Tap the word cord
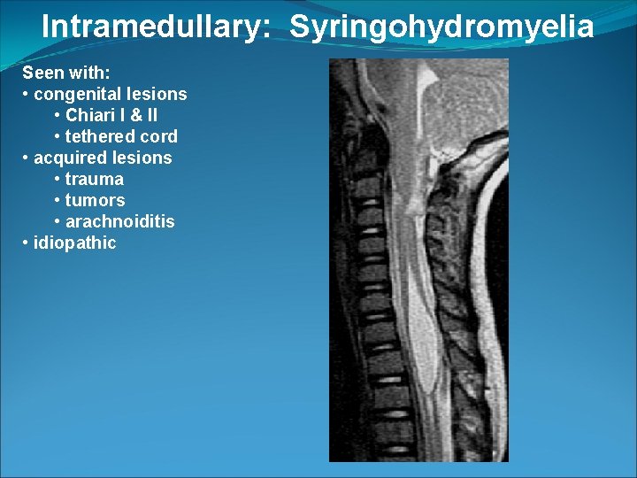(159, 136)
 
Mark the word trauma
(95, 179)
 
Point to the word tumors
(95, 200)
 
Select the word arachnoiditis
(120, 221)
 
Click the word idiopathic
(74, 243)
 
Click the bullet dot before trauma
(58, 179)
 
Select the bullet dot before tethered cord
(58, 136)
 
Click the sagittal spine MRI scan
(419, 260)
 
